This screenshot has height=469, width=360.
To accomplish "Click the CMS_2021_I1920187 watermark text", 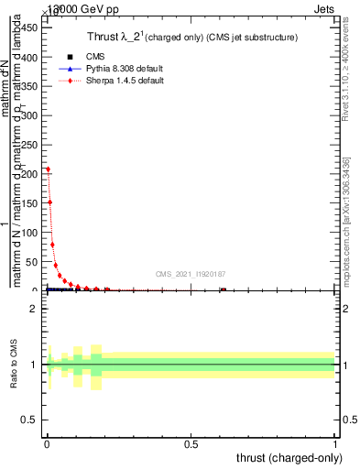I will click(x=190, y=274).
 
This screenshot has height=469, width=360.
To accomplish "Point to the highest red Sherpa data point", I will click(x=48, y=169).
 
